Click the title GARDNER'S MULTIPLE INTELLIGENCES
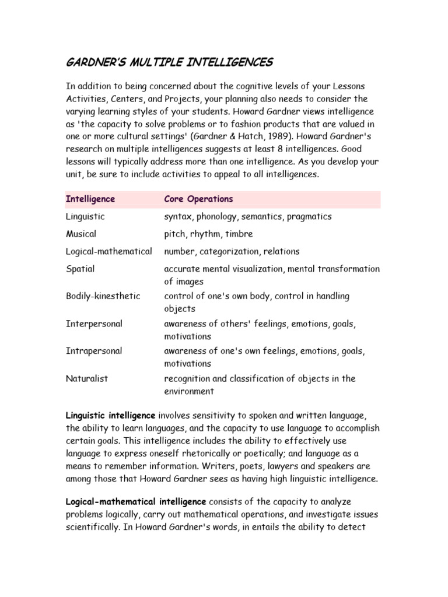pos(169,62)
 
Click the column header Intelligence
pos(90,199)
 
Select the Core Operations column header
pos(198,199)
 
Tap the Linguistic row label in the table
pos(85,216)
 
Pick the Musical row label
pos(81,234)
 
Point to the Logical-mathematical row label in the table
pos(109,251)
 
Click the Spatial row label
pos(80,269)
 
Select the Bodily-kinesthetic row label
pos(103,296)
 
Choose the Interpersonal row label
pos(94,323)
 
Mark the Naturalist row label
pos(87,378)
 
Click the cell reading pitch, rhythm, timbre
pos(208,234)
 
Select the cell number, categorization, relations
pos(232,251)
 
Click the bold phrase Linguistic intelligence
pos(110,415)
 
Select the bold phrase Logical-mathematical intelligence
pos(136,501)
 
